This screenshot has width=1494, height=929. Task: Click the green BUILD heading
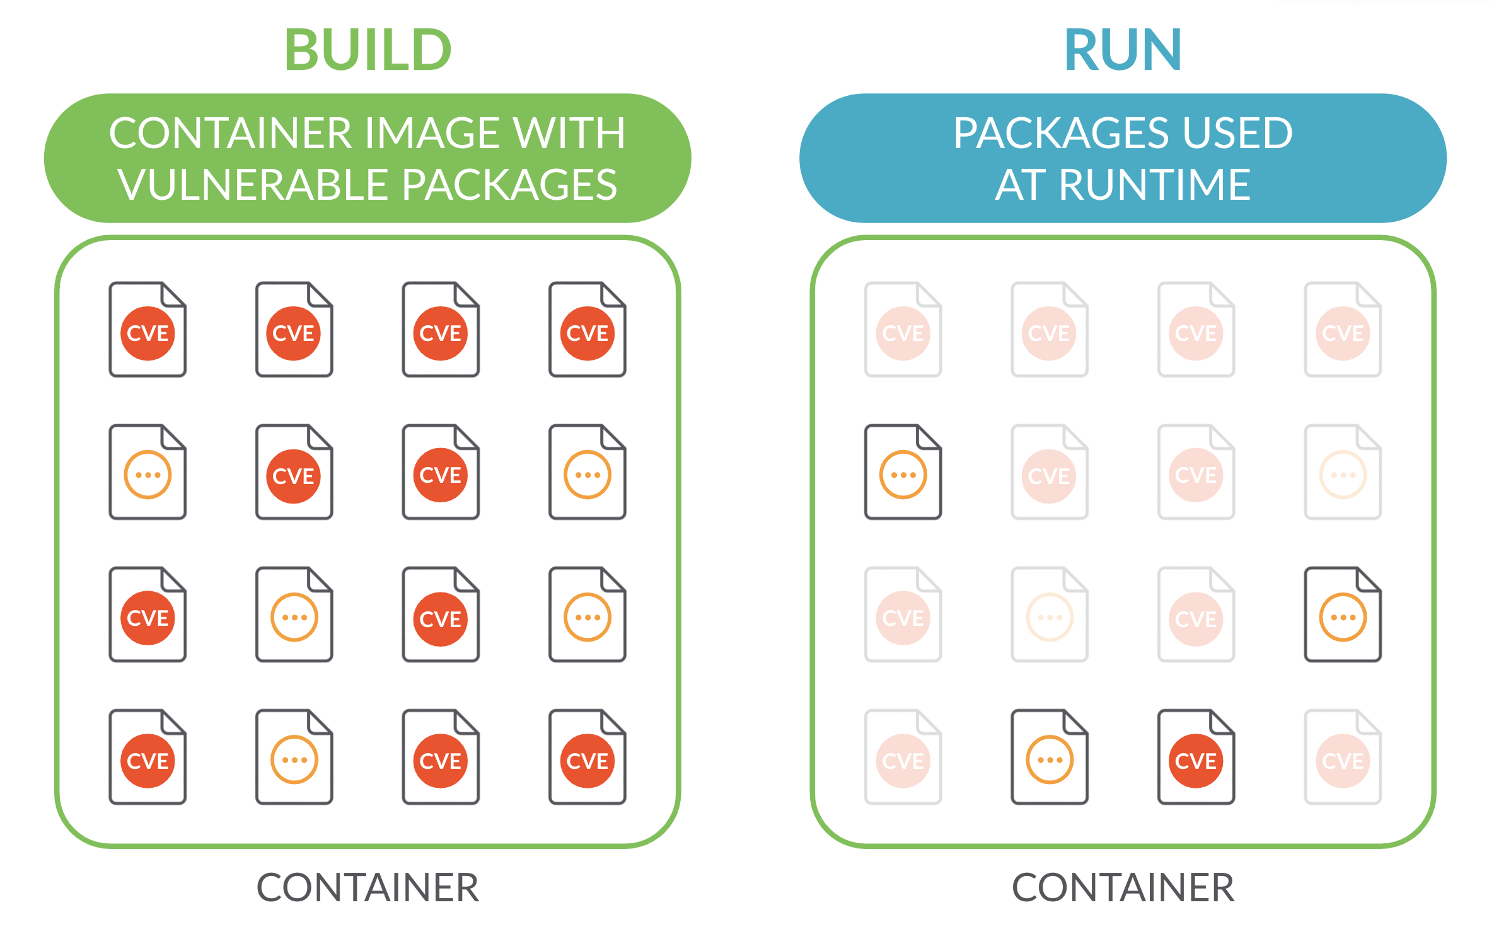(x=368, y=50)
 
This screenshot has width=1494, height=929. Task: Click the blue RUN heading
(x=1123, y=50)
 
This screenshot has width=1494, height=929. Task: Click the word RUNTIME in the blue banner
(x=1155, y=185)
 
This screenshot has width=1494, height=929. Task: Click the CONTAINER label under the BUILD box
(x=368, y=887)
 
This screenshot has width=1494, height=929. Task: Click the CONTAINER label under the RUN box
(x=1123, y=887)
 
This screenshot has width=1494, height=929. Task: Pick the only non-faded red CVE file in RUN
(x=1196, y=758)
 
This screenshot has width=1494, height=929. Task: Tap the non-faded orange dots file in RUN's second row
(x=903, y=473)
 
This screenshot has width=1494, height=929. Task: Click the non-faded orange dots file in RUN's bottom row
(x=1049, y=758)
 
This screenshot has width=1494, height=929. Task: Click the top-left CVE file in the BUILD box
(x=148, y=331)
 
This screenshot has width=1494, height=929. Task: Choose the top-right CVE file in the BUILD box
(x=587, y=331)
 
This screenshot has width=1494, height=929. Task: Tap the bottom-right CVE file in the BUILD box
(x=587, y=758)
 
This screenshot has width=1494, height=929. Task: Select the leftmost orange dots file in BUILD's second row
(x=148, y=473)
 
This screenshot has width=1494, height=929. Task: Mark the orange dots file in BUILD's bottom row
(x=294, y=758)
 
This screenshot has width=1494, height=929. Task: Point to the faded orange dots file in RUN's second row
(x=1343, y=473)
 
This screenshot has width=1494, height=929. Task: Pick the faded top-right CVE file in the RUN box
(x=1343, y=331)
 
